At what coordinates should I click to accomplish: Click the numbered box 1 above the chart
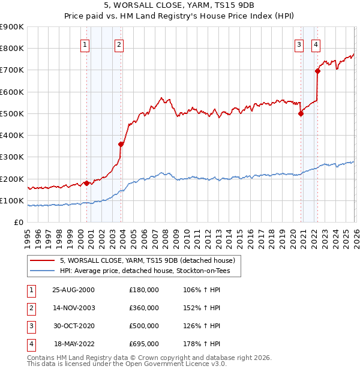tap(85, 44)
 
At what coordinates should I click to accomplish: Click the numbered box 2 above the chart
tap(119, 44)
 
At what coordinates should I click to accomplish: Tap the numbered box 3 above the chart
tap(298, 44)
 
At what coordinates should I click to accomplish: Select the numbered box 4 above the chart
tap(316, 44)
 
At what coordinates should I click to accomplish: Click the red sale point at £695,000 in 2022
tap(317, 71)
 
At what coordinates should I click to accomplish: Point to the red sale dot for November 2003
tap(121, 144)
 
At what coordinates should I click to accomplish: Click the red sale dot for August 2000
tap(86, 183)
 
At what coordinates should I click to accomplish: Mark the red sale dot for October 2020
tap(301, 114)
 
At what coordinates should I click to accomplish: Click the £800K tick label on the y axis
tap(11, 49)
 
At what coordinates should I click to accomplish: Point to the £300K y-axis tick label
tap(11, 157)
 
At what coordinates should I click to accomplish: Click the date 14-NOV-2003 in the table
tap(74, 308)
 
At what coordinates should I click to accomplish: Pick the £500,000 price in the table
tap(143, 326)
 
